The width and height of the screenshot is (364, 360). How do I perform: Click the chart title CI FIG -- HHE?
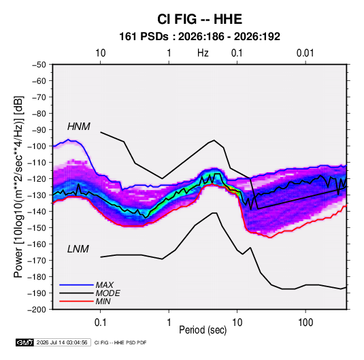pos(199,19)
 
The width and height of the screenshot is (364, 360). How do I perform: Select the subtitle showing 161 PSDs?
pos(199,37)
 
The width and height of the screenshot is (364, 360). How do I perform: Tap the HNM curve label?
pos(79,127)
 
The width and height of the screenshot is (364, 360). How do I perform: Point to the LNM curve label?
pos(78,249)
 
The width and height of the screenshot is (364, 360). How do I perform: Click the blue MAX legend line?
pos(76,285)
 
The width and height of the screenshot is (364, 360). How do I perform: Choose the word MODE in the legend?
pos(108,293)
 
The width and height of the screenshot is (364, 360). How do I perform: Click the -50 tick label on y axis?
pos(39,65)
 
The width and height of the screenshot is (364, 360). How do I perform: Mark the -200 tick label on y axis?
pos(37,310)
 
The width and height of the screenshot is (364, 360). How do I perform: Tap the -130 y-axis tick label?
pos(37,195)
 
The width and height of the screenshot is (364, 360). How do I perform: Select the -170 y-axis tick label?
pos(37,261)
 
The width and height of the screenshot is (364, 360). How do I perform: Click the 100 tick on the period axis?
pos(305,323)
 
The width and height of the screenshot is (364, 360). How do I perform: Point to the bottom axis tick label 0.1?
pos(100,323)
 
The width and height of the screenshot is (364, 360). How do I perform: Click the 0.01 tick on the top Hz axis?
pos(305,53)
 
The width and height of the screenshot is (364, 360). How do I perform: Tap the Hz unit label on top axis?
pos(203,53)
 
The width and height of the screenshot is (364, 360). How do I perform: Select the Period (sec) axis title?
pos(203,330)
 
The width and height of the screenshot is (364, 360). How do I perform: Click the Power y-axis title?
pos(18,186)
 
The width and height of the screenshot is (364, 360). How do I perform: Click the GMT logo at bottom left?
pos(24,342)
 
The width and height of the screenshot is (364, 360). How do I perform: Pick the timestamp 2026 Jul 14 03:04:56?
pos(62,342)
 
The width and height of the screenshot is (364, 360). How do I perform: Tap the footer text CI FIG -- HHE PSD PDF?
pos(120,342)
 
